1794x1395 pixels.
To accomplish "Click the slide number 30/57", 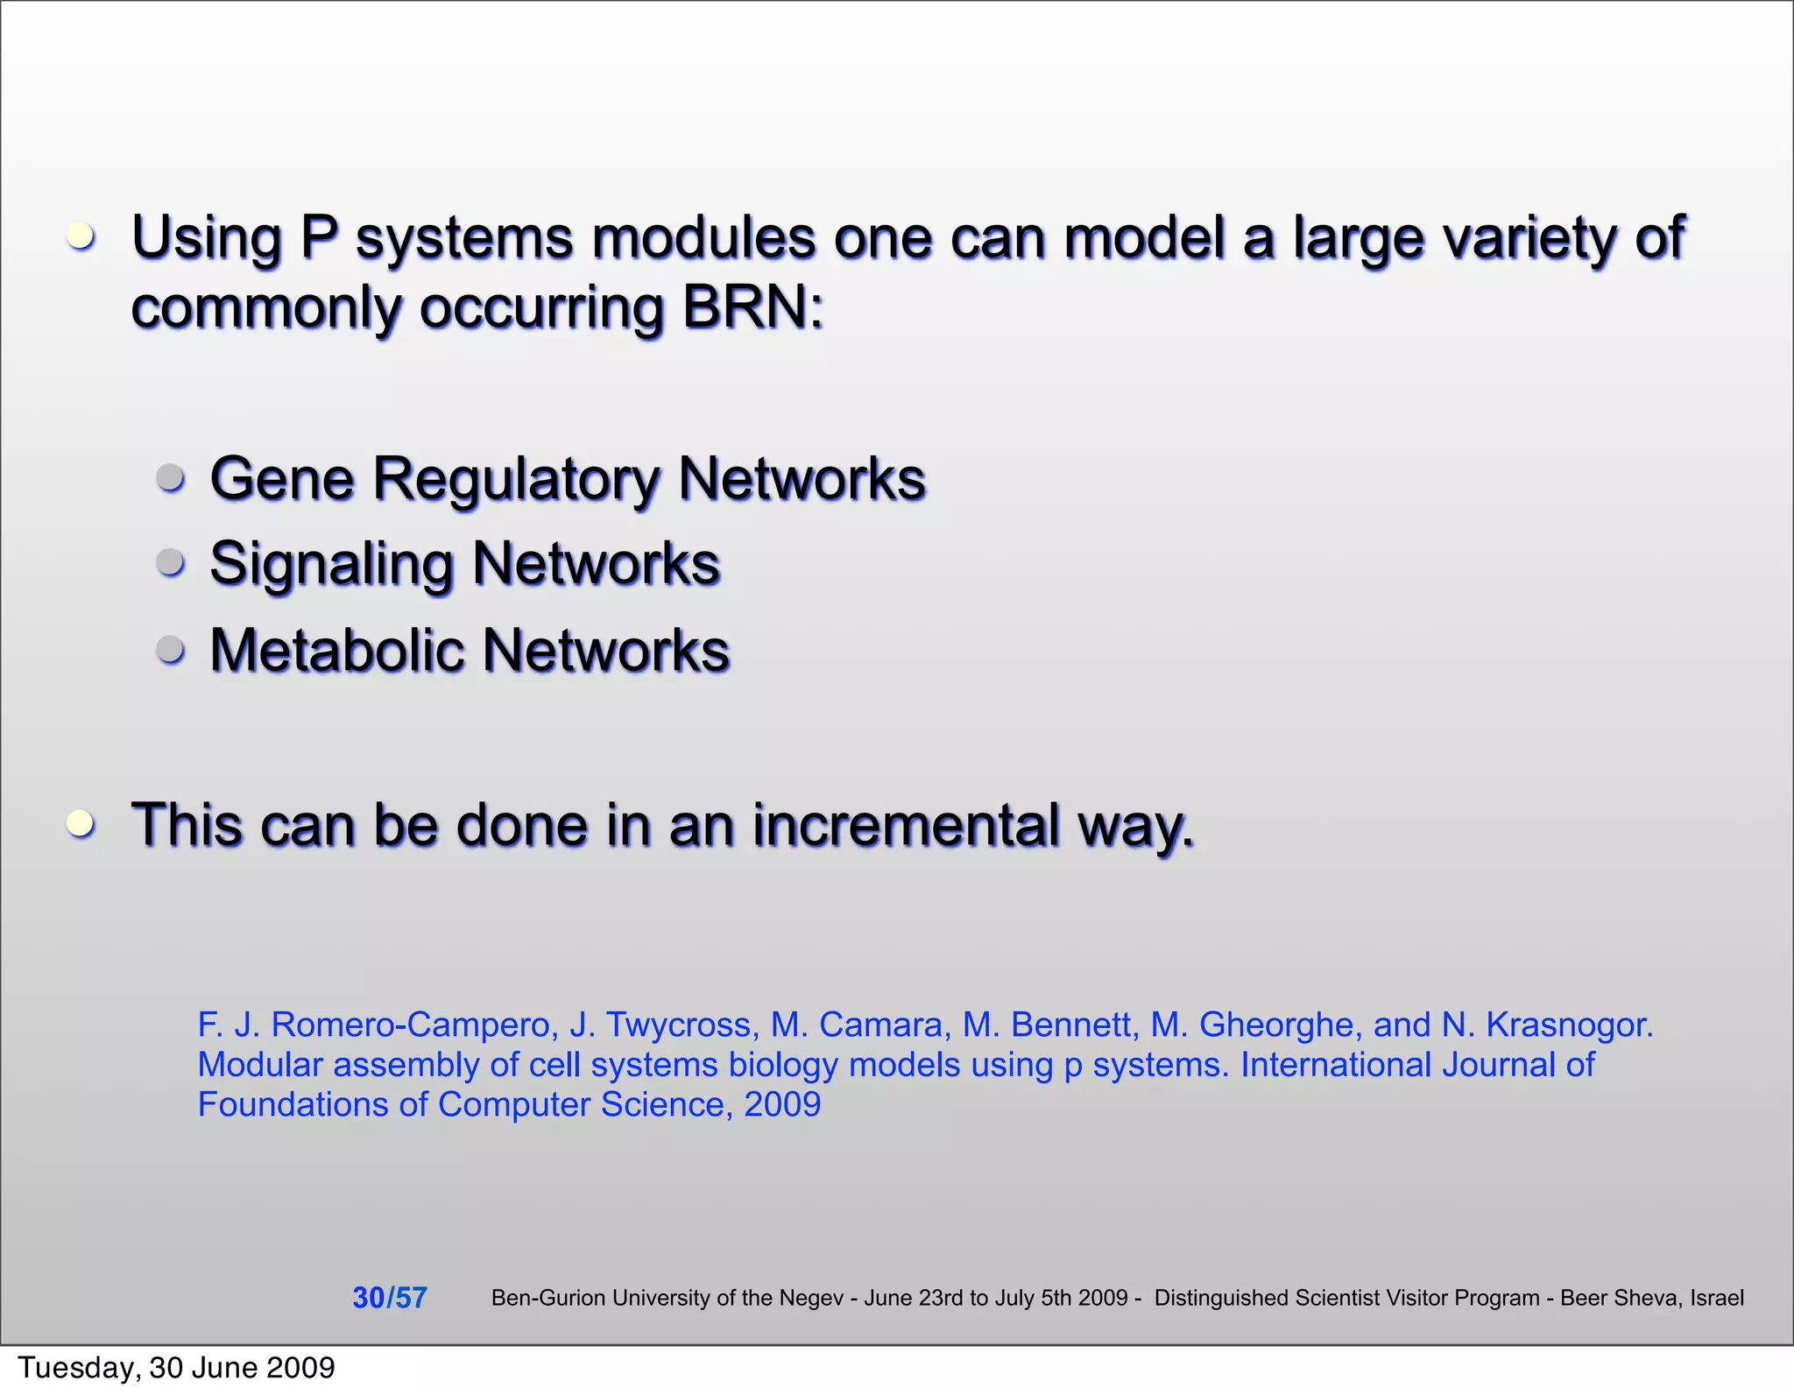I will coord(389,1297).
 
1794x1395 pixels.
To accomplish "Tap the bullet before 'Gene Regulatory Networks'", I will coord(171,477).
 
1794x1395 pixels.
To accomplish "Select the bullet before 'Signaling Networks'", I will coord(171,561).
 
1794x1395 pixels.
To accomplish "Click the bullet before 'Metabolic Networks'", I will coord(171,649).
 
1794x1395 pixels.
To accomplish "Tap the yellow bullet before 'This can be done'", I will coord(81,822).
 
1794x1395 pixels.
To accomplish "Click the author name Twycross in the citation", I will coord(678,1024).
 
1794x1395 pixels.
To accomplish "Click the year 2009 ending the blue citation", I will coord(782,1104).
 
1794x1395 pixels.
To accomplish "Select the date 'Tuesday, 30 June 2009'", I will coord(176,1368).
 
